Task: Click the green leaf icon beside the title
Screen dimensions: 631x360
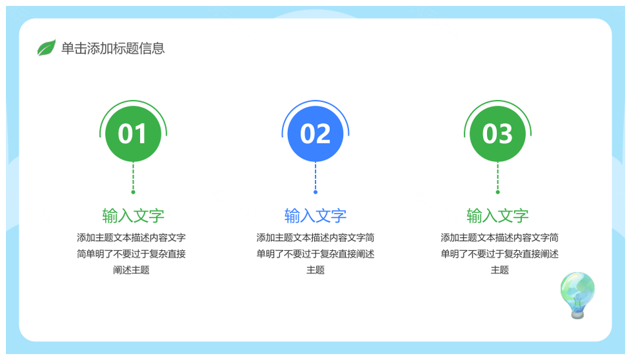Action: (46, 48)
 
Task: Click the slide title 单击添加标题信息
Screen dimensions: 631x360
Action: (113, 48)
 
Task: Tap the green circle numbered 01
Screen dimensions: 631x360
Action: (133, 133)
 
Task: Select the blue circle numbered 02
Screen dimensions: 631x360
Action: (315, 133)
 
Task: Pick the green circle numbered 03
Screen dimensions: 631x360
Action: (498, 133)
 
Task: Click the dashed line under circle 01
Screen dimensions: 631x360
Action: (133, 176)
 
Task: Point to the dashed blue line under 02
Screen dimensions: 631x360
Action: (315, 176)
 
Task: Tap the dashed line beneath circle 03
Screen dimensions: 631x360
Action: (498, 176)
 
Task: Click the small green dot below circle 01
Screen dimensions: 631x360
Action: (133, 192)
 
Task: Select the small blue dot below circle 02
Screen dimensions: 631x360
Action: (315, 192)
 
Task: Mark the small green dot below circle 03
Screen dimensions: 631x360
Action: (498, 192)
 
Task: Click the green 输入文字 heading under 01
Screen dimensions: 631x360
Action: (133, 216)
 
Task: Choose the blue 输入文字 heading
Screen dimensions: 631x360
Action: (315, 216)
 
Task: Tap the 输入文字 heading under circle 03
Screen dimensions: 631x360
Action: (498, 216)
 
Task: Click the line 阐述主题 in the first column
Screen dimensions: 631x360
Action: (131, 270)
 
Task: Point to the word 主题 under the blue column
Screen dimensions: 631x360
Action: (315, 270)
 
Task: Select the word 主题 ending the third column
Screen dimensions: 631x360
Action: (500, 270)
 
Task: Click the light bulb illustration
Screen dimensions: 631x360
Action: (578, 295)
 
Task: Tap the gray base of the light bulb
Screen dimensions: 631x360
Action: (578, 315)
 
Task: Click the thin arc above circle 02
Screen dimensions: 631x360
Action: (315, 101)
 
